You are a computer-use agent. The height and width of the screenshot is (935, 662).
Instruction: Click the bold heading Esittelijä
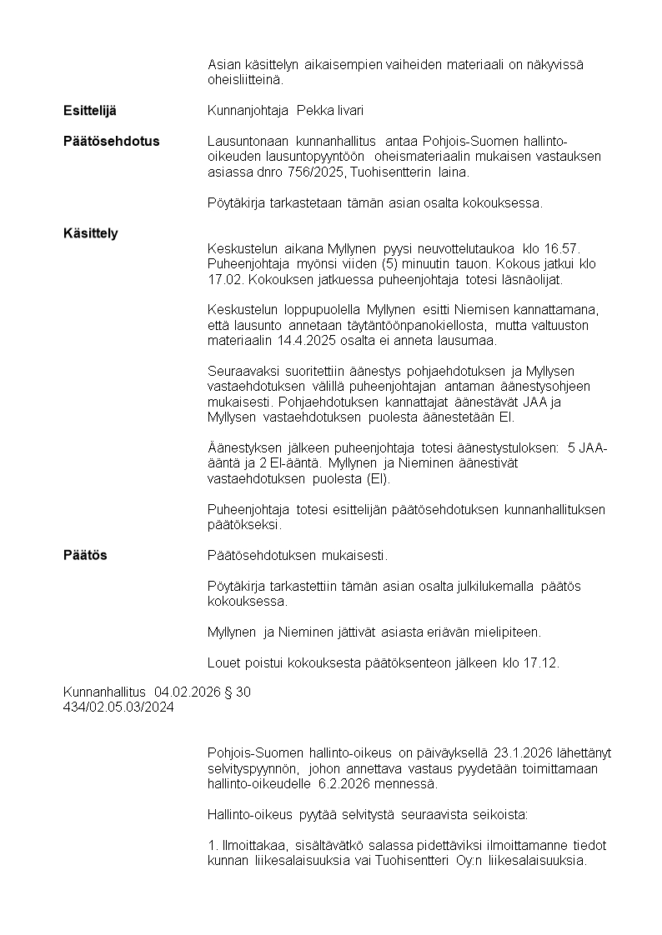click(x=90, y=111)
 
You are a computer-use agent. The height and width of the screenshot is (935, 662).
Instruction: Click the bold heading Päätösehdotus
click(x=111, y=141)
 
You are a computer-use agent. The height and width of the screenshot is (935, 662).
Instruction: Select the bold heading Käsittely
click(x=90, y=233)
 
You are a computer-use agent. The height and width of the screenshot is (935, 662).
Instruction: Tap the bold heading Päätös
click(x=85, y=555)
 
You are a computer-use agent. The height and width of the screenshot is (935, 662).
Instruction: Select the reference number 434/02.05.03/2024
click(x=118, y=707)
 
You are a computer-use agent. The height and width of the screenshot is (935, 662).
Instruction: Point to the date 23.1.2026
click(x=524, y=753)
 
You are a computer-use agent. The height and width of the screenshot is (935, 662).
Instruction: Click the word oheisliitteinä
click(x=245, y=80)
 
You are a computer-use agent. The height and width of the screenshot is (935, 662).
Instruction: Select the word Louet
click(x=223, y=663)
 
